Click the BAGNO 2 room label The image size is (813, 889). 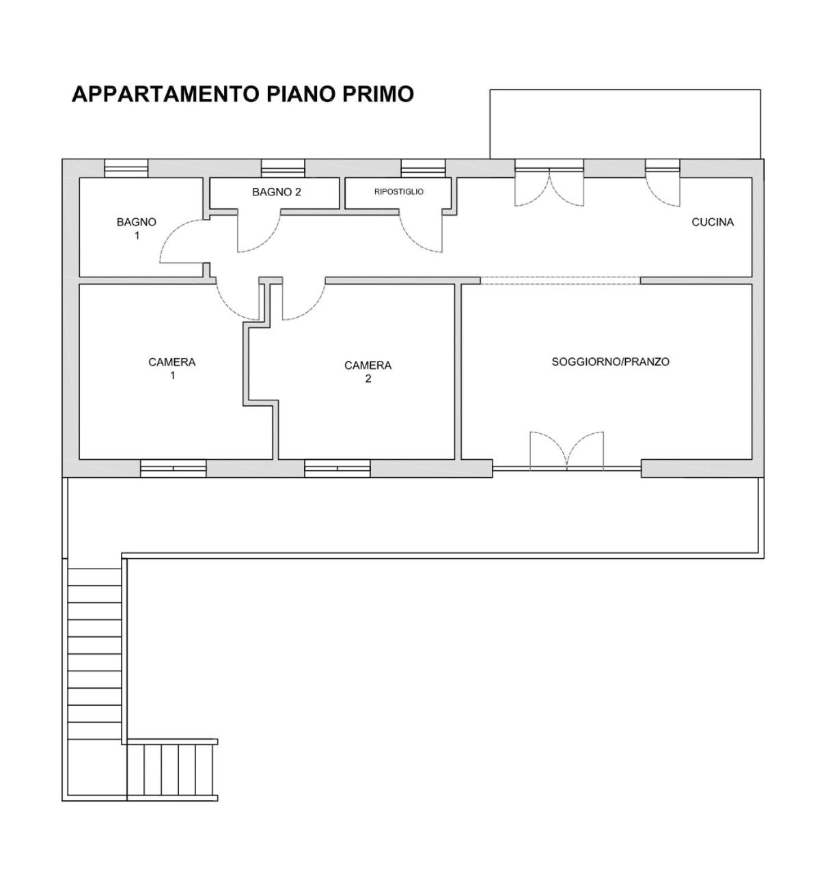pos(276,192)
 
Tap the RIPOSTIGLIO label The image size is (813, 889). pos(398,192)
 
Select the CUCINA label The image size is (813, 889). pos(713,222)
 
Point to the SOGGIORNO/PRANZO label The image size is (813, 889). pos(610,361)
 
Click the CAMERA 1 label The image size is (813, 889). pos(171,368)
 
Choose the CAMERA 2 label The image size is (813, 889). pos(368,371)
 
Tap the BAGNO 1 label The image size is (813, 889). pos(136,228)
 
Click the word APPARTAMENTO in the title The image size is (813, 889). pos(165,94)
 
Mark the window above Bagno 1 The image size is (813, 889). pos(126,168)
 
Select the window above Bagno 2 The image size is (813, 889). pos(283,168)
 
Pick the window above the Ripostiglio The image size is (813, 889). pos(423,168)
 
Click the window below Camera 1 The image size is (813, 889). pos(174,469)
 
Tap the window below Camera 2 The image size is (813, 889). pos(337,469)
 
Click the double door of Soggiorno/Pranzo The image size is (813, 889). pos(566,450)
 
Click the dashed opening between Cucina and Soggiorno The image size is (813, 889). pos(560,280)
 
